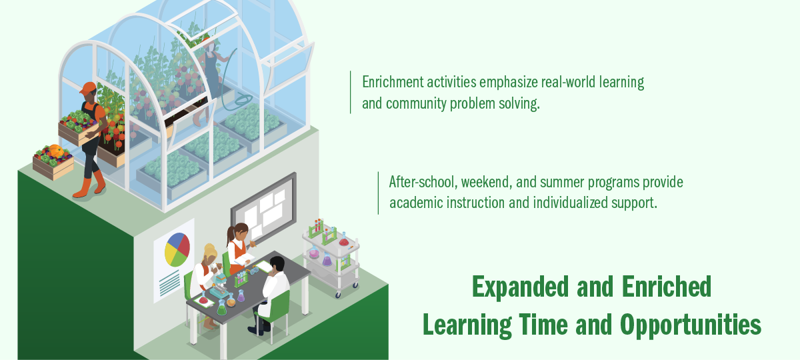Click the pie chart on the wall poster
coord(177,249)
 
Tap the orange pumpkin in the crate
coord(57,151)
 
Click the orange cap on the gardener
coord(88,88)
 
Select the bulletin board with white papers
coord(263,207)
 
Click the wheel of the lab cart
coord(338,295)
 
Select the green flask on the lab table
coord(222,308)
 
